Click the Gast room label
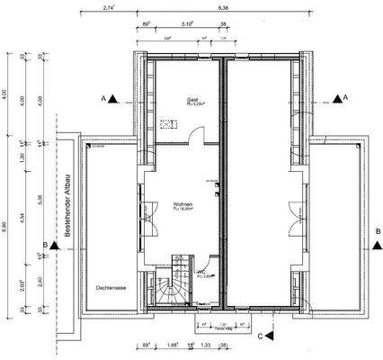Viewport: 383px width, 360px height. (x=191, y=101)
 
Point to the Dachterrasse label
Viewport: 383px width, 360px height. (x=110, y=289)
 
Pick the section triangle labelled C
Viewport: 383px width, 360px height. (x=269, y=335)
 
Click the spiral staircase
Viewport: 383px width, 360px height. (x=168, y=288)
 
